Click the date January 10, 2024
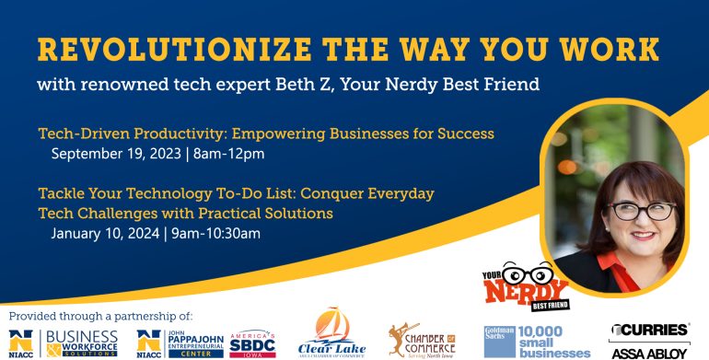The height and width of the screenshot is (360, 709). point(105,233)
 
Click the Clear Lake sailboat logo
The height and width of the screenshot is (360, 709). point(331,334)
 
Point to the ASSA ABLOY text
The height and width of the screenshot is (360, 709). point(648,352)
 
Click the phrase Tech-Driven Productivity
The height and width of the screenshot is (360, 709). point(126,134)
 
